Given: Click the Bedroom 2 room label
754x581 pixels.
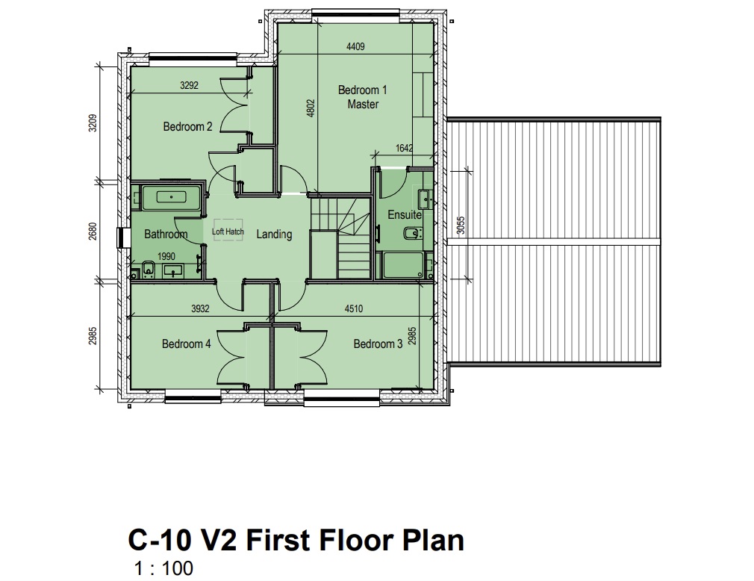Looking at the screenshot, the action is (187, 127).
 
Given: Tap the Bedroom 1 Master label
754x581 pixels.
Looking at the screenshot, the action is (363, 97).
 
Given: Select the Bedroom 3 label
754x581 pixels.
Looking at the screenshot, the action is (378, 344).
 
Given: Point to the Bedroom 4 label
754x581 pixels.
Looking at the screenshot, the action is (186, 344).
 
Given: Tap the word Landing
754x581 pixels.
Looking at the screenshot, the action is (274, 234).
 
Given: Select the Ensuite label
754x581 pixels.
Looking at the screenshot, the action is (405, 214).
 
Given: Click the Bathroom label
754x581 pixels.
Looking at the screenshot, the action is (166, 234).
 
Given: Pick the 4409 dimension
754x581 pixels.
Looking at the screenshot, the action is (355, 46).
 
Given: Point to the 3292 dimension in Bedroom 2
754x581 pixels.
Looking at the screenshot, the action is (189, 86).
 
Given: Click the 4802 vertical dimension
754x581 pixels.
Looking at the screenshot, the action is (311, 108).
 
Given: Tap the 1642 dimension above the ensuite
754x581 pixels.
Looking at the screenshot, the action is (404, 148).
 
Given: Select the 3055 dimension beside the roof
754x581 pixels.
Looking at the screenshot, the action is (461, 226).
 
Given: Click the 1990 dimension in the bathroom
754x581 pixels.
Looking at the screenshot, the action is (166, 256).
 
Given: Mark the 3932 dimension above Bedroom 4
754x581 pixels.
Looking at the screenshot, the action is (201, 308).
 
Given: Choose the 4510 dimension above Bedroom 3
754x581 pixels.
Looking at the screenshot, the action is (354, 308).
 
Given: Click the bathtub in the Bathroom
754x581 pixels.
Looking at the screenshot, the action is (171, 196).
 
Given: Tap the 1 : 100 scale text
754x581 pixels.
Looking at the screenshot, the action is (164, 568).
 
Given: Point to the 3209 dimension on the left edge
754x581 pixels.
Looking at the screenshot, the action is (93, 122).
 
